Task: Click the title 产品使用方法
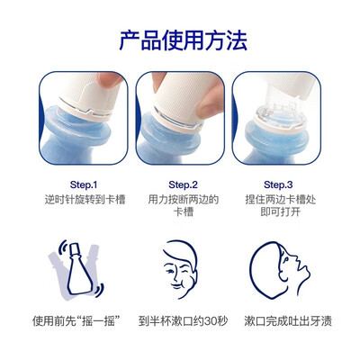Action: (x=184, y=40)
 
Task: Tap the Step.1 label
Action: (x=84, y=184)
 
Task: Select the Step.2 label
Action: (x=184, y=184)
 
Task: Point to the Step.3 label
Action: (x=278, y=184)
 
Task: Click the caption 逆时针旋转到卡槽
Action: (x=85, y=200)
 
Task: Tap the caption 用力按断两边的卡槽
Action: (x=184, y=205)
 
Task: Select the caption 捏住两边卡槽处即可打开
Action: (x=281, y=205)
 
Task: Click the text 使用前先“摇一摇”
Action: (x=74, y=321)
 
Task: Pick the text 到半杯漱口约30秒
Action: (x=183, y=321)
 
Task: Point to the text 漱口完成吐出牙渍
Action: (x=288, y=321)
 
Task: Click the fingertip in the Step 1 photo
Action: (x=110, y=78)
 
